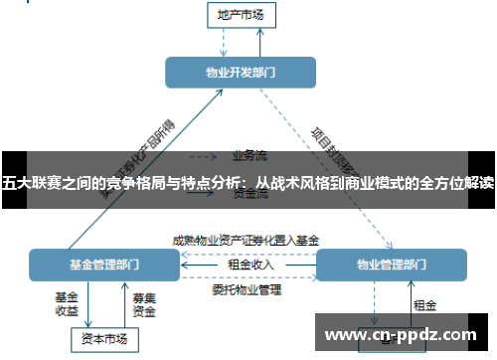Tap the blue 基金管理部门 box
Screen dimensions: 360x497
[104, 266]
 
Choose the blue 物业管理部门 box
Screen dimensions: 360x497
[391, 266]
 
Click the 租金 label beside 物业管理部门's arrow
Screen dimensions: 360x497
[425, 304]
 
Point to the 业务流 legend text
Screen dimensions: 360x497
[248, 155]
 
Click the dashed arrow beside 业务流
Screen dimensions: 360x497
[204, 156]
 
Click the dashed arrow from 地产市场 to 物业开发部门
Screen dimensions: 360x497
[225, 41]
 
